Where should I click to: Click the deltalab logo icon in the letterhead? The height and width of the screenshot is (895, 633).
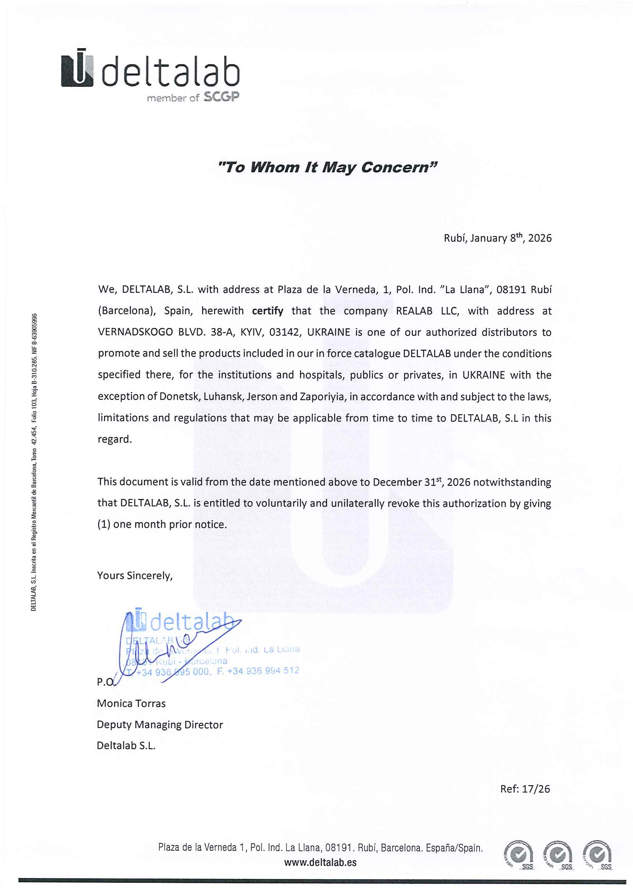coord(77,68)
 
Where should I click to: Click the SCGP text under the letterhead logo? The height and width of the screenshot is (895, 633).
coord(221,97)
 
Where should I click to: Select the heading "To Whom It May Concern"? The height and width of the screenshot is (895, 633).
coord(328,167)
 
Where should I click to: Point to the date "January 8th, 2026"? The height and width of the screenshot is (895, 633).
coord(511,238)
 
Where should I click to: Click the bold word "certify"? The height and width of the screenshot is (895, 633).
coord(268,311)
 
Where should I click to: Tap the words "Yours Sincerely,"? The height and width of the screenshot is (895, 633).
coord(135,575)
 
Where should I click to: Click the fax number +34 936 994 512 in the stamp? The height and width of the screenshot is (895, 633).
coord(263,670)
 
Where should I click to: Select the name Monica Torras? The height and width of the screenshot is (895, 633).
coord(131,703)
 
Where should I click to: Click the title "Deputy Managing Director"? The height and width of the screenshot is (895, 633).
coord(160,724)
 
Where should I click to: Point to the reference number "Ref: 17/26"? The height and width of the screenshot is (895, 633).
coord(525,789)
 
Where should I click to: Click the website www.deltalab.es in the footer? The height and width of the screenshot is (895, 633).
coord(320,862)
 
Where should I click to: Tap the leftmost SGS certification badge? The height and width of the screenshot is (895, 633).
coord(519,855)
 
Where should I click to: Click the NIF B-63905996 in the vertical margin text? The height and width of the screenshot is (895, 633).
coord(34,339)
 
